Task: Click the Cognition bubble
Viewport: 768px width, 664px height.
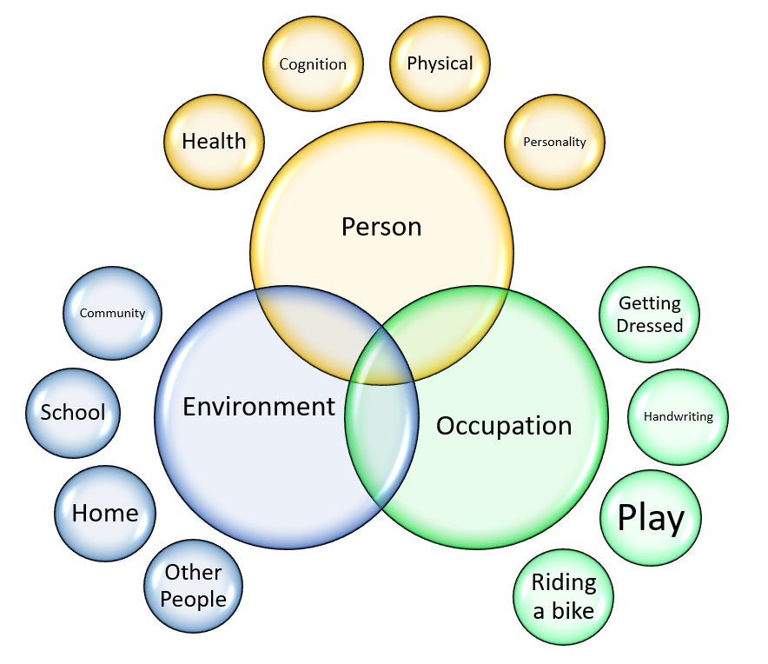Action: coord(313,63)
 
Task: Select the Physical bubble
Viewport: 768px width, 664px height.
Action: coord(440,63)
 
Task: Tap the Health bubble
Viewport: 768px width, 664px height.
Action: coord(214,143)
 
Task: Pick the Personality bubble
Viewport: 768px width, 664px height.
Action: coord(554,143)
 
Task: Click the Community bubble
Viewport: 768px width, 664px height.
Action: coord(112,313)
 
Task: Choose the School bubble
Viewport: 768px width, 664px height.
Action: coord(73,413)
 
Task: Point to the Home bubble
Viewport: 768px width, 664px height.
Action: coord(105,514)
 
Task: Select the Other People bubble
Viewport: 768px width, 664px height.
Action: coord(193,586)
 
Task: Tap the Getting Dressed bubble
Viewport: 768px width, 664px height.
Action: coord(650,315)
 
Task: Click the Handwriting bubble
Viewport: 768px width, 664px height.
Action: coord(678,417)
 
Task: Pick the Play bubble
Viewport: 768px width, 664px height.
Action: coord(651,518)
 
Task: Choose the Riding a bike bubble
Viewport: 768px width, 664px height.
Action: coord(563,597)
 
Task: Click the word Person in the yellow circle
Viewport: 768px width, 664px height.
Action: coord(381,227)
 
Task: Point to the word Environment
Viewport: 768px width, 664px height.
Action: coord(259,407)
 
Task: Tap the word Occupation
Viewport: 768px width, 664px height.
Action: coord(504,426)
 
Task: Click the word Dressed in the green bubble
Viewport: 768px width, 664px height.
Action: coord(650,326)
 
